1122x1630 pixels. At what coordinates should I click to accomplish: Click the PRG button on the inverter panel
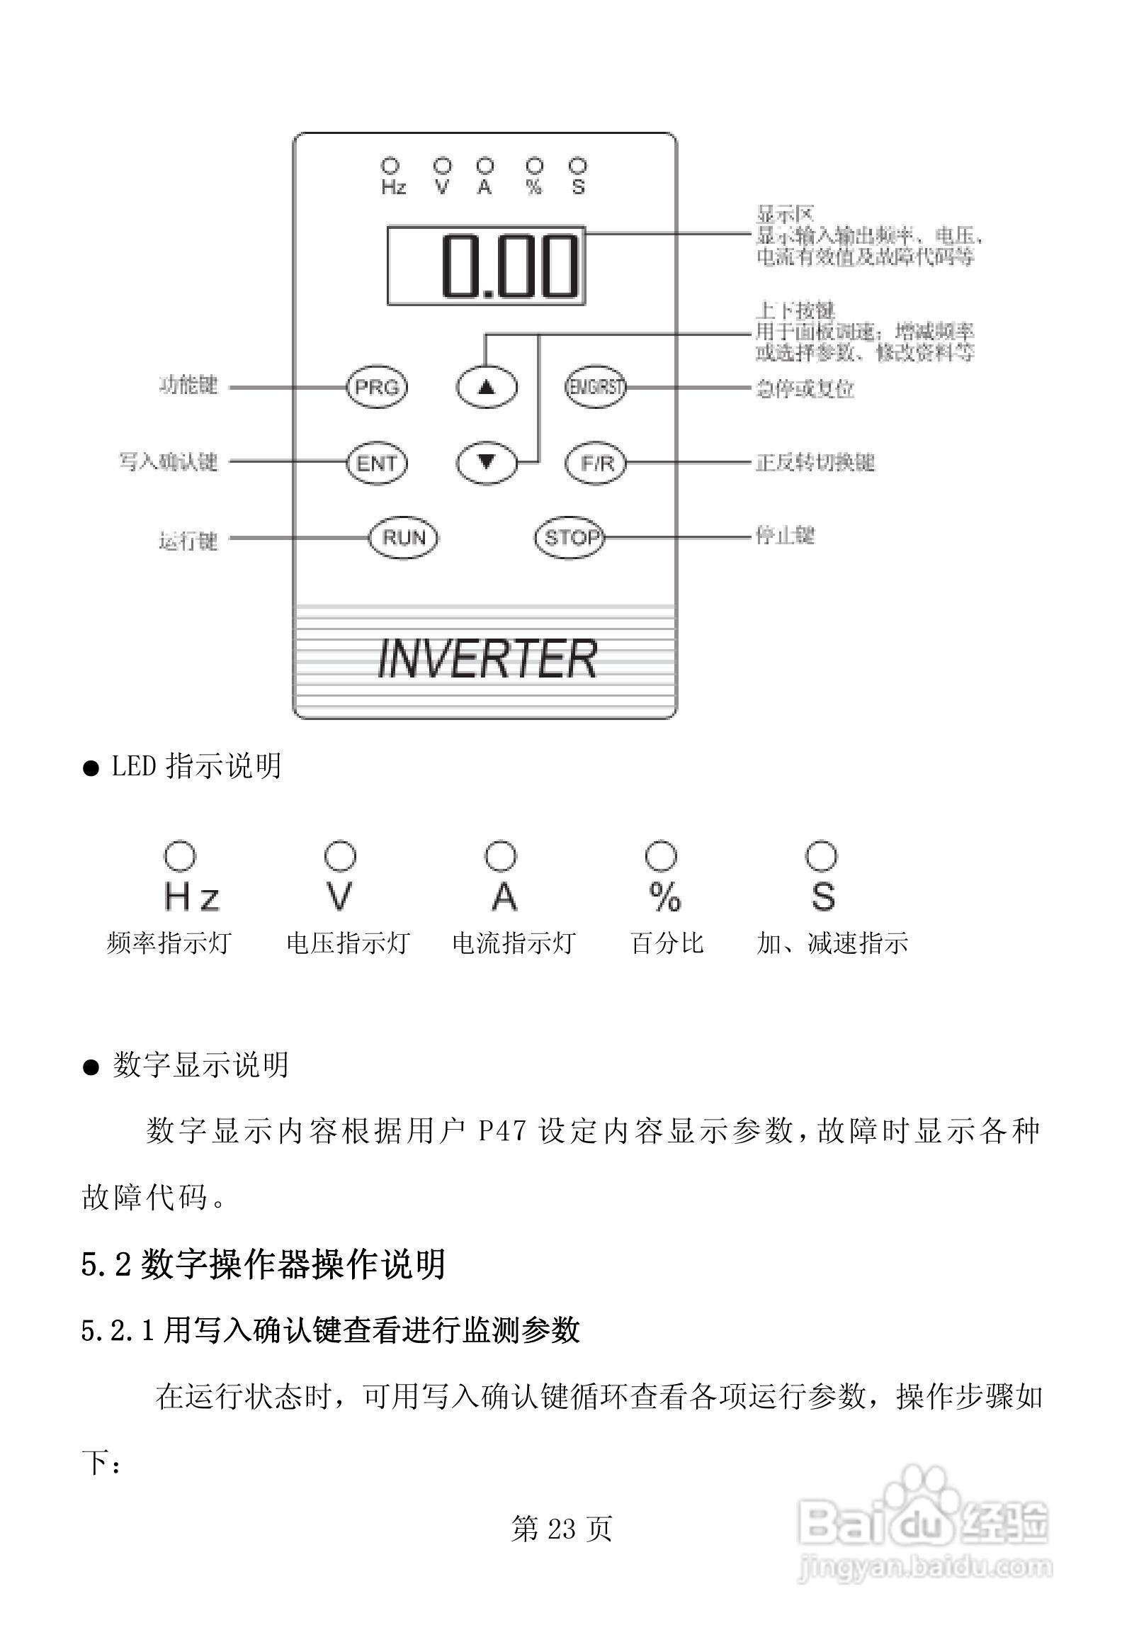click(x=377, y=388)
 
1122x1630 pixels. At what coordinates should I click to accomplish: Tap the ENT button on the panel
click(x=377, y=463)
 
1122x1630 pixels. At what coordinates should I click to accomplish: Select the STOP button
click(x=570, y=538)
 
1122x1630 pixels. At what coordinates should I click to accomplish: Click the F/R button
click(x=596, y=463)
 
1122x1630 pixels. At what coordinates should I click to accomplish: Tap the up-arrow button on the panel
click(x=486, y=388)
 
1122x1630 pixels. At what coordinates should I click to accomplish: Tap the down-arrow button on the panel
click(x=486, y=463)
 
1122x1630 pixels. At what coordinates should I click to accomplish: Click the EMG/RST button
click(x=596, y=388)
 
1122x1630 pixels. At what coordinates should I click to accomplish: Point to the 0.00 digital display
click(x=487, y=266)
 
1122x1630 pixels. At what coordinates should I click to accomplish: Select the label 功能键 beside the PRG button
click(x=188, y=386)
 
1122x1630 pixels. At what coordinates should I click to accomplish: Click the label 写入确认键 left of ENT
click(x=168, y=462)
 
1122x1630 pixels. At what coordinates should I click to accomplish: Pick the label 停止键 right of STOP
click(x=785, y=535)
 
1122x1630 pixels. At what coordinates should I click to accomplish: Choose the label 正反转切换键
click(x=815, y=462)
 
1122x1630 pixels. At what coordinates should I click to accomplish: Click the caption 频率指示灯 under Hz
click(x=169, y=943)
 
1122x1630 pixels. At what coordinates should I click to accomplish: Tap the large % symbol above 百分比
click(x=664, y=896)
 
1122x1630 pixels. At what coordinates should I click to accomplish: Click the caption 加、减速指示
click(x=832, y=943)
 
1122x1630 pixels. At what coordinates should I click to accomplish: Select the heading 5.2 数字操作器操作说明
click(x=263, y=1264)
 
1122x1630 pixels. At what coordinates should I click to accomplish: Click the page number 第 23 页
click(x=561, y=1529)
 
